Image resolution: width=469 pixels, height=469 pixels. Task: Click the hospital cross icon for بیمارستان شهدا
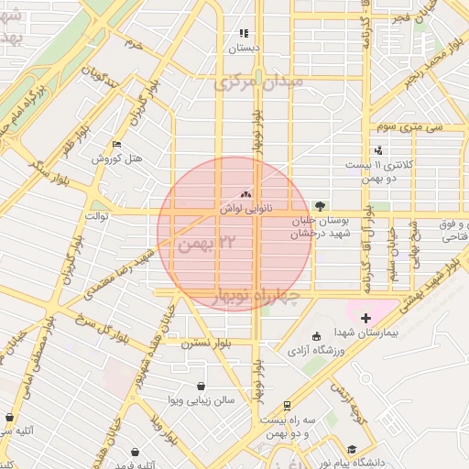[x=365, y=317]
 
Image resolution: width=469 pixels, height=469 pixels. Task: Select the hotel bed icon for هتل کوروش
[x=115, y=145]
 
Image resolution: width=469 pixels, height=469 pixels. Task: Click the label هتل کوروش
[x=117, y=158]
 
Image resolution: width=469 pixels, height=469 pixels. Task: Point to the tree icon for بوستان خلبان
[x=320, y=206]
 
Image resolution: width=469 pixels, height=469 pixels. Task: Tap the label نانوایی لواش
[x=242, y=208]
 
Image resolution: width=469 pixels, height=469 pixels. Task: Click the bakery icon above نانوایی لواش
[x=245, y=194]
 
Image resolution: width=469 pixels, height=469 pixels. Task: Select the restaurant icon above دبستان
[x=245, y=33]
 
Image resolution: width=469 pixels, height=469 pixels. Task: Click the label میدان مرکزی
[x=264, y=83]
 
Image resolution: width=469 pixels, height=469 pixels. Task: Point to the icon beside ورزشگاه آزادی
[x=316, y=335]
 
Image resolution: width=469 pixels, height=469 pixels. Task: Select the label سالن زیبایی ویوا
[x=202, y=400]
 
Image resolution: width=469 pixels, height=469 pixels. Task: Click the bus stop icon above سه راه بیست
[x=288, y=405]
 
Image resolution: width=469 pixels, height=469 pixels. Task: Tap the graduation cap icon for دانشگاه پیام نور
[x=353, y=449]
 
